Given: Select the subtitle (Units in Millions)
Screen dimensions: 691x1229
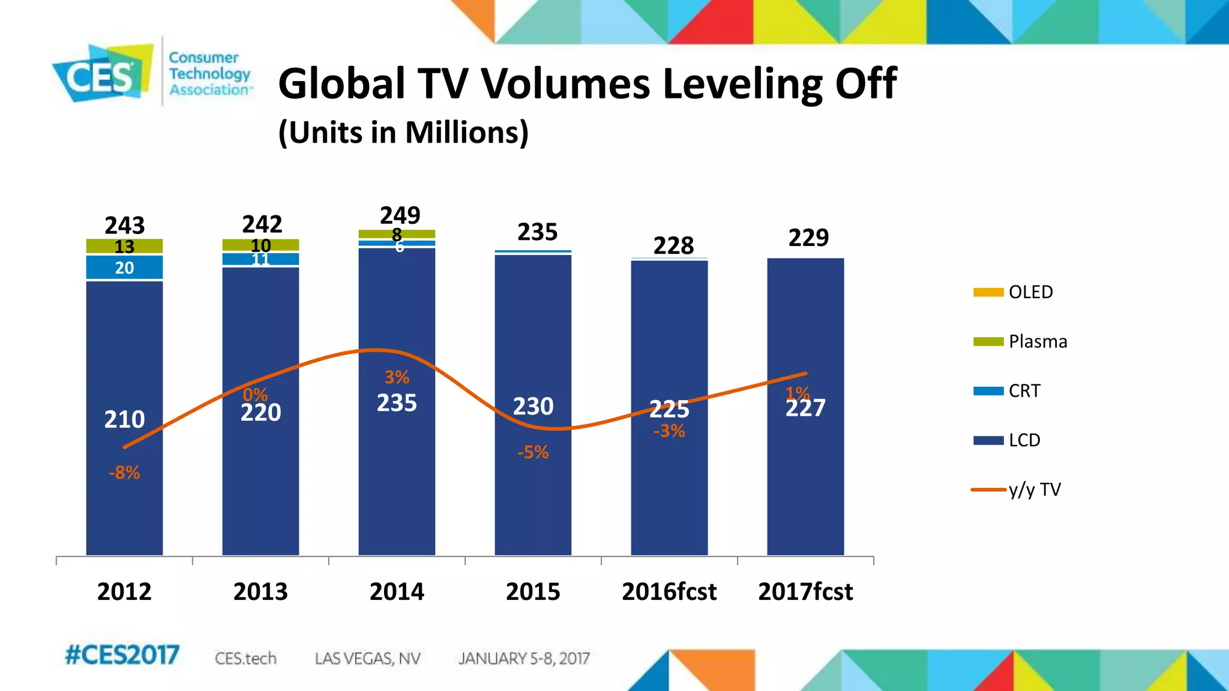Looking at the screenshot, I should click(x=403, y=133).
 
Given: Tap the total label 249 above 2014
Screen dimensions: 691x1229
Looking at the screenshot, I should click(x=400, y=215).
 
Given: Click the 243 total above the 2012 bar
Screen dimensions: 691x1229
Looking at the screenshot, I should click(x=125, y=226).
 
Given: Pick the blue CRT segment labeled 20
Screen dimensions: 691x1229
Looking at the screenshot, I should click(x=124, y=268).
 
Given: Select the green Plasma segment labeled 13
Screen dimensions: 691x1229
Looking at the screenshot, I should click(x=124, y=247).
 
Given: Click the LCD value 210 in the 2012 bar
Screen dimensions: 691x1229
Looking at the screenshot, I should click(x=124, y=419).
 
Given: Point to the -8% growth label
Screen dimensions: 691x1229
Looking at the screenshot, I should click(x=124, y=473).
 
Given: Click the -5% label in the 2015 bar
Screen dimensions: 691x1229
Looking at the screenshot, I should click(x=533, y=452).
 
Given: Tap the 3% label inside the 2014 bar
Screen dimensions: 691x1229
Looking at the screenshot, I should click(x=397, y=377).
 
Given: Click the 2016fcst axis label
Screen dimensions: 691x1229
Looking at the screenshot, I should click(x=669, y=592).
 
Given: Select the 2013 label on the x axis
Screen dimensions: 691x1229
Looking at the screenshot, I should click(x=260, y=592).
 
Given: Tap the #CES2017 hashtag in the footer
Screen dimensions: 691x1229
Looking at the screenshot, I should click(x=122, y=655).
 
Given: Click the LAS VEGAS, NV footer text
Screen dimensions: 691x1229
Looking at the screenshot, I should click(x=367, y=659).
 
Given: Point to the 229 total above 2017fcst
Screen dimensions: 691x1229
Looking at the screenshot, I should click(x=808, y=238).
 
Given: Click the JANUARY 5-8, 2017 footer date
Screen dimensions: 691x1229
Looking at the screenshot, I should click(x=524, y=659).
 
